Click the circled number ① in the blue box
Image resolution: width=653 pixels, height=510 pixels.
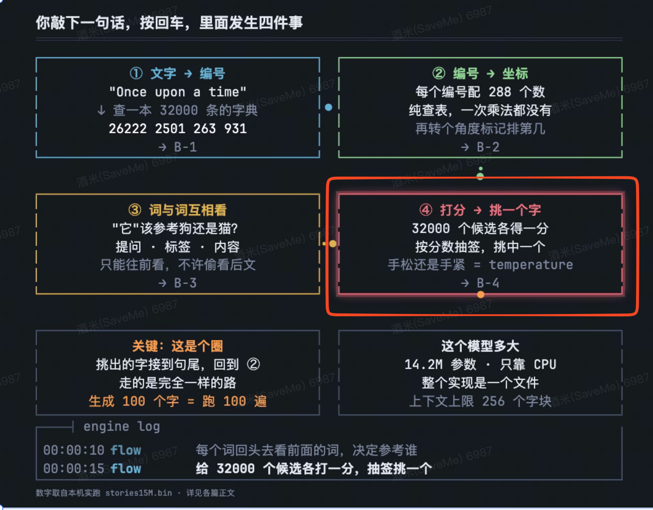point(136,73)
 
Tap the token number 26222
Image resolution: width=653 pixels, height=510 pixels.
point(128,129)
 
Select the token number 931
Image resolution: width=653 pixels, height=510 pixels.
point(235,129)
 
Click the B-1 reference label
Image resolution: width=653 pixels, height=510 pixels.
point(185,147)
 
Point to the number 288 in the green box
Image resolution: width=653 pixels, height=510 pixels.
point(500,92)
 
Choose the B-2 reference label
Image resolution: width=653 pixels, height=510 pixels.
point(488,147)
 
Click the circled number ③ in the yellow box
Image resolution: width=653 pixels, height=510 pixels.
point(135,210)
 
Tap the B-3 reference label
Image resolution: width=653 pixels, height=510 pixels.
point(185,283)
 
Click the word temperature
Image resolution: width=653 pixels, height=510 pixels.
point(531,265)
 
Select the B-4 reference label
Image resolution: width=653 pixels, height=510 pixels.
point(488,283)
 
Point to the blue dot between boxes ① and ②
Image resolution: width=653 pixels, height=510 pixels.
point(329,107)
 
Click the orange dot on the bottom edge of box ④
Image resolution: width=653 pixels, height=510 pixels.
point(480,295)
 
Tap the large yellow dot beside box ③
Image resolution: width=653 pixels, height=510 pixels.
point(333,244)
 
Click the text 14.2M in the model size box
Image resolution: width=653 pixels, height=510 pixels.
point(423,364)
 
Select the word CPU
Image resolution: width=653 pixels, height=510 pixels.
point(545,364)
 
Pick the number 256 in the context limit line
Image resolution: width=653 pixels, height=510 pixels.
point(493,401)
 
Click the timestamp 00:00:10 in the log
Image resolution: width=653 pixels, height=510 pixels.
point(74,450)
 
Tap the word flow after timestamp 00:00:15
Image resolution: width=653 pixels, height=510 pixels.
point(126,468)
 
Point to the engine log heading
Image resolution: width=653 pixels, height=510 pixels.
point(122,426)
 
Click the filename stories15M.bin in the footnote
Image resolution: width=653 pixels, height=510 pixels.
point(139,493)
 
